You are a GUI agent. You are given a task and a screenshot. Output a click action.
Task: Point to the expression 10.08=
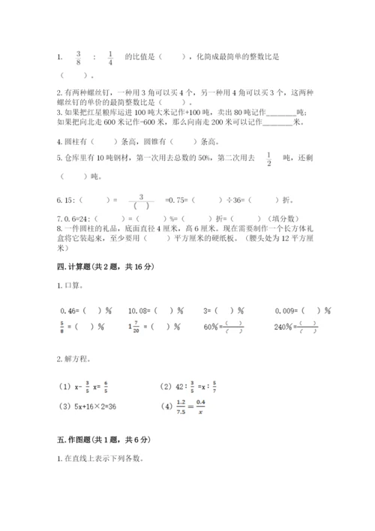pos(139,309)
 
